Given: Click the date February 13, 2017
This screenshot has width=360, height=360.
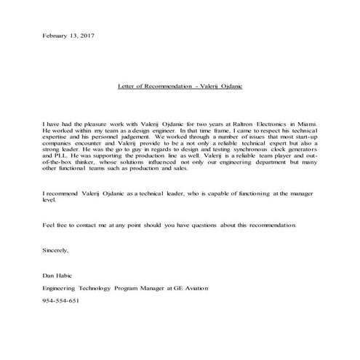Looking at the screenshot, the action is click(x=69, y=36).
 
